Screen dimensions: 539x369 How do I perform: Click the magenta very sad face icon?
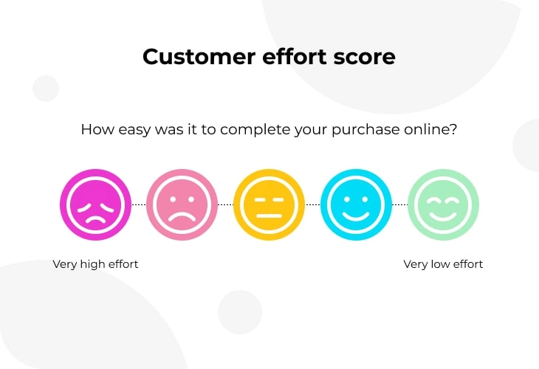point(95,204)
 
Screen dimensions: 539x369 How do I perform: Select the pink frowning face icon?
point(182,204)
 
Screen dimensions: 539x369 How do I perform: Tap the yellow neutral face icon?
point(269,204)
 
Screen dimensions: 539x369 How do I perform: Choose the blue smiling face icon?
point(356,204)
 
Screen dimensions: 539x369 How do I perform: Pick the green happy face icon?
point(443,204)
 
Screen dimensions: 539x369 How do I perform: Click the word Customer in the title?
point(199,57)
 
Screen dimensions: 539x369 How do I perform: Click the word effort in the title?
point(295,56)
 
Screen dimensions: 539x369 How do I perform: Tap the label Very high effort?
point(95,264)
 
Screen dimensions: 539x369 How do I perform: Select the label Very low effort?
point(443,264)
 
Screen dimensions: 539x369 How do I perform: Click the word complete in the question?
point(255,130)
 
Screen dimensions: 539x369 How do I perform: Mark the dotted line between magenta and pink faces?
point(139,204)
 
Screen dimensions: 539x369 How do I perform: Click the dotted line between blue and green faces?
point(399,204)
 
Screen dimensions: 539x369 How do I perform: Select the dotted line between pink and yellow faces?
point(225,204)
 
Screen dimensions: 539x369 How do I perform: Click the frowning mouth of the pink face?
point(182,217)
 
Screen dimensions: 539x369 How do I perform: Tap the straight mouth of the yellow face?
point(269,215)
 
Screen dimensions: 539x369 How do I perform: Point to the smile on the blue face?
point(356,216)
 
